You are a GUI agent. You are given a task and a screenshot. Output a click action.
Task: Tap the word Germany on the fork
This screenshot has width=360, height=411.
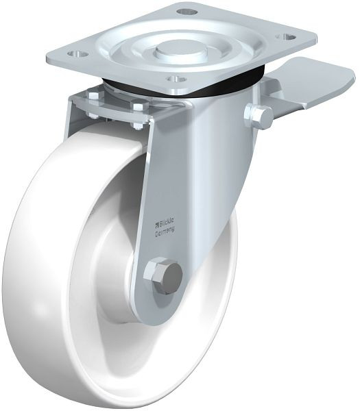click(x=165, y=231)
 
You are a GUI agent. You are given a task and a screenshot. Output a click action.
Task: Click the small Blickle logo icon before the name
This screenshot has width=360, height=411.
click(x=158, y=223)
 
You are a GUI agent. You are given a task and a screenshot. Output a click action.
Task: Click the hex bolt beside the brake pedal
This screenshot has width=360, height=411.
click(x=259, y=116)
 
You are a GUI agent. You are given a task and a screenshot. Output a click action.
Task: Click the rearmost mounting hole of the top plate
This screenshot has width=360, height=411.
click(x=187, y=12)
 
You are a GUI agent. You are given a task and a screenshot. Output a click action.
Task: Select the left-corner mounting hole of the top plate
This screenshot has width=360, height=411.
click(x=77, y=54)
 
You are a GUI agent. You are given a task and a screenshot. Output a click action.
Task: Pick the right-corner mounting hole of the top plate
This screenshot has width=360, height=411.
click(x=287, y=37)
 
